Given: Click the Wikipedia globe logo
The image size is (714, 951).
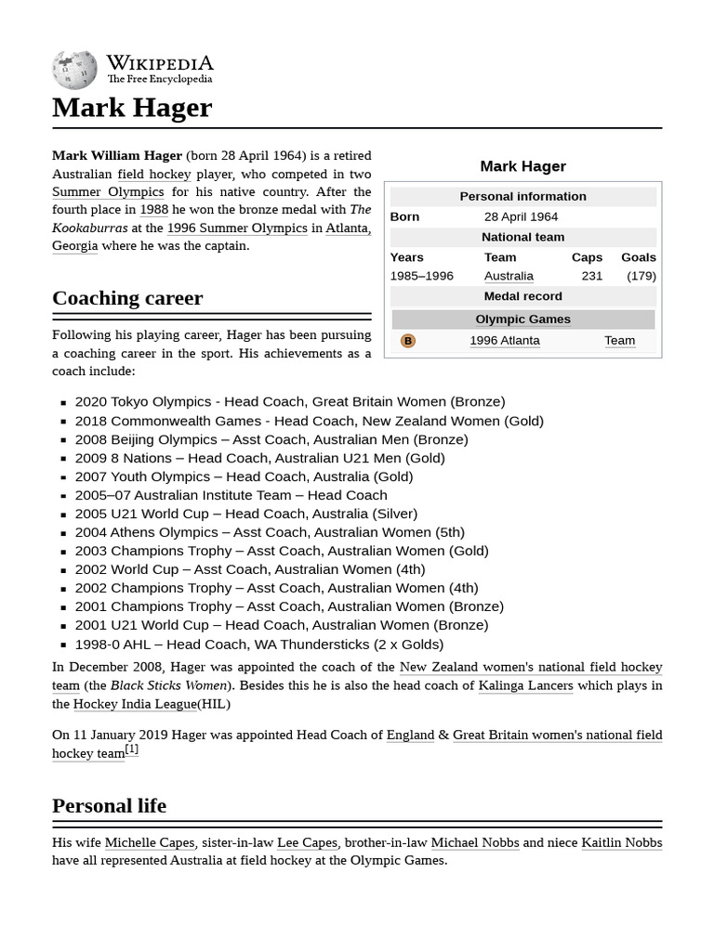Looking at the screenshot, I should (x=74, y=70).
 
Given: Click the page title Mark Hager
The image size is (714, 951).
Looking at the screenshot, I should (x=132, y=108).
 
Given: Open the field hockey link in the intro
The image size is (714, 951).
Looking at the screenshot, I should (x=154, y=174).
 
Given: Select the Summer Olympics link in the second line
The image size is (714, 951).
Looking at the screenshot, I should (x=108, y=192).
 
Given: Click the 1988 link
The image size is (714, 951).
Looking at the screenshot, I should (x=153, y=210).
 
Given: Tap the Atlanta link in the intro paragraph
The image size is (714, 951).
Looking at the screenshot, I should (x=348, y=228).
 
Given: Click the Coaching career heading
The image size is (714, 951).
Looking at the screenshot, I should (x=127, y=298).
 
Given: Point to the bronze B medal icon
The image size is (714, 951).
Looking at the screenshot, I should (x=407, y=341).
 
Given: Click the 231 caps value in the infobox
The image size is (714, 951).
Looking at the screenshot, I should (x=591, y=276).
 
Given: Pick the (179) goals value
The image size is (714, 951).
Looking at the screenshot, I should (x=641, y=276).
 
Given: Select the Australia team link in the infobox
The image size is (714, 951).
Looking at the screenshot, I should (x=509, y=276).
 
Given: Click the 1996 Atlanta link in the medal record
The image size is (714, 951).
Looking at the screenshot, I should (x=505, y=341).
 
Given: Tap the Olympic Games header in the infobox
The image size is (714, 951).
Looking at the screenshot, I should (x=523, y=319).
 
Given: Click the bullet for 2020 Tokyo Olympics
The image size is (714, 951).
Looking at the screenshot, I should (x=63, y=403).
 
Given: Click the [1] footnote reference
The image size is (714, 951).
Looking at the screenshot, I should (x=132, y=749).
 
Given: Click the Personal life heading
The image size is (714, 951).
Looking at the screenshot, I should (x=109, y=806).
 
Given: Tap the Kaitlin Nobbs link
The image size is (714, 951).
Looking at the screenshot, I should (x=622, y=842).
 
